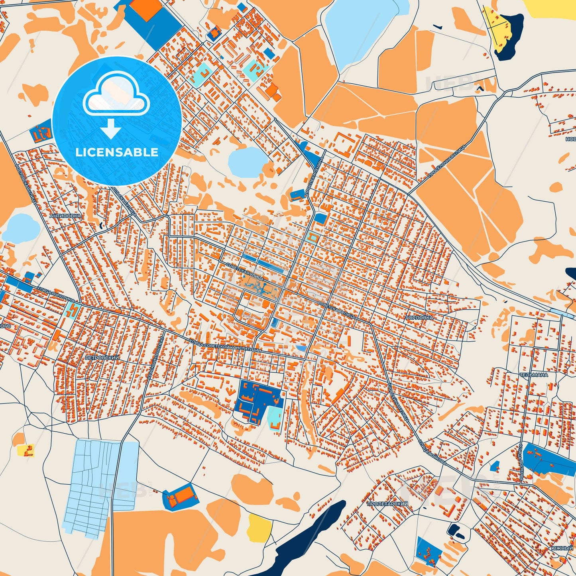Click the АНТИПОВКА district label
click(65, 216)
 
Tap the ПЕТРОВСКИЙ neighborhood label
click(102, 358)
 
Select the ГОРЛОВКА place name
click(419, 318)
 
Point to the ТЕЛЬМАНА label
click(533, 375)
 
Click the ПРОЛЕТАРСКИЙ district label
click(387, 504)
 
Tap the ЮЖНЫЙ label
click(562, 548)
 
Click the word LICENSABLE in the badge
click(117, 152)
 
